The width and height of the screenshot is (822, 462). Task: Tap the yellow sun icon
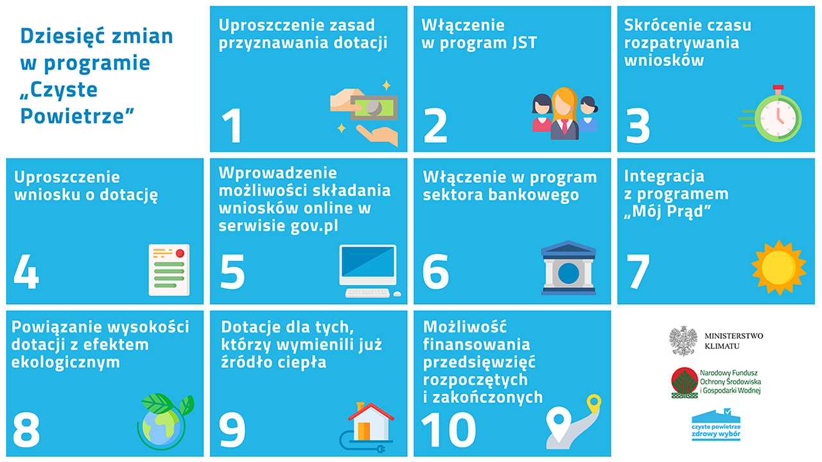pos(779,268)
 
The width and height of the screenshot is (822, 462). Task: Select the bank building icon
pos(568,268)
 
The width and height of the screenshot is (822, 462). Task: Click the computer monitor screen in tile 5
pos(368,261)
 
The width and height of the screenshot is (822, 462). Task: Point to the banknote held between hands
pos(374,108)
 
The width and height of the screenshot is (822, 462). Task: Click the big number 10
pos(448,430)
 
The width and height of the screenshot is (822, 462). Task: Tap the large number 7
pos(638,271)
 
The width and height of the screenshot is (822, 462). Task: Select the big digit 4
pos(26,271)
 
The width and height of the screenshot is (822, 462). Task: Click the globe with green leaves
pos(165,422)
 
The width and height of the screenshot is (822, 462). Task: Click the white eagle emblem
pos(683,341)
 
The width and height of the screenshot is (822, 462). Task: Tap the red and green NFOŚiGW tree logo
pos(685,383)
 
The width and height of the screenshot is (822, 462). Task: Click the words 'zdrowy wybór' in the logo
pos(715,434)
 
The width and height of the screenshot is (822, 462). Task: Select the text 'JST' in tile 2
pos(525,43)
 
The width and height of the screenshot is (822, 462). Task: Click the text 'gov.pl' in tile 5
pos(314,226)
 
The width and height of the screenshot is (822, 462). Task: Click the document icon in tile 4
pos(169,270)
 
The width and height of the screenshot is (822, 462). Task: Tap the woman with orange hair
pos(564,114)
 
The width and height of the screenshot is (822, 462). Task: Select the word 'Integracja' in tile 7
pos(664,176)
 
